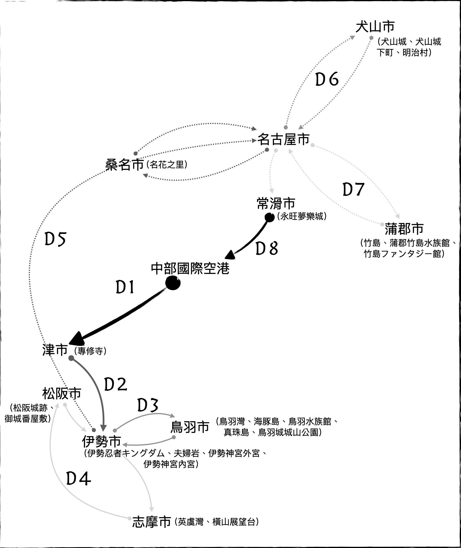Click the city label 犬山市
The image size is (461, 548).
[375, 27]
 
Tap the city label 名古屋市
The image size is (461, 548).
[283, 139]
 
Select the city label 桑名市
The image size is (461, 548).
[124, 165]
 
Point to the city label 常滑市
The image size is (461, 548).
[276, 204]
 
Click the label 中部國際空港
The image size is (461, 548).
[190, 269]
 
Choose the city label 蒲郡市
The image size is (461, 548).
[404, 229]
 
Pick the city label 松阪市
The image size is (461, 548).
[62, 393]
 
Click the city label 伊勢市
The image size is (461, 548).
[101, 441]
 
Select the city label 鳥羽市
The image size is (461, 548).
[190, 427]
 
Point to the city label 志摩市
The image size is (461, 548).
[152, 522]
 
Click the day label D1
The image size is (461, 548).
[125, 288]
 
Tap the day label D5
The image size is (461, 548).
[56, 239]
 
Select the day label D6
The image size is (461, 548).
[327, 79]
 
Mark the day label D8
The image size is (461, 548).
[267, 249]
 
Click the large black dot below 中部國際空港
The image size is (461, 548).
[173, 283]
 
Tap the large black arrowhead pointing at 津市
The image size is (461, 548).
[76, 338]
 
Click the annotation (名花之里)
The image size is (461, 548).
[167, 165]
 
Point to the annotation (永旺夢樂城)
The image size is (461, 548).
[302, 216]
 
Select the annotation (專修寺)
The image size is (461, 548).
[90, 351]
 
